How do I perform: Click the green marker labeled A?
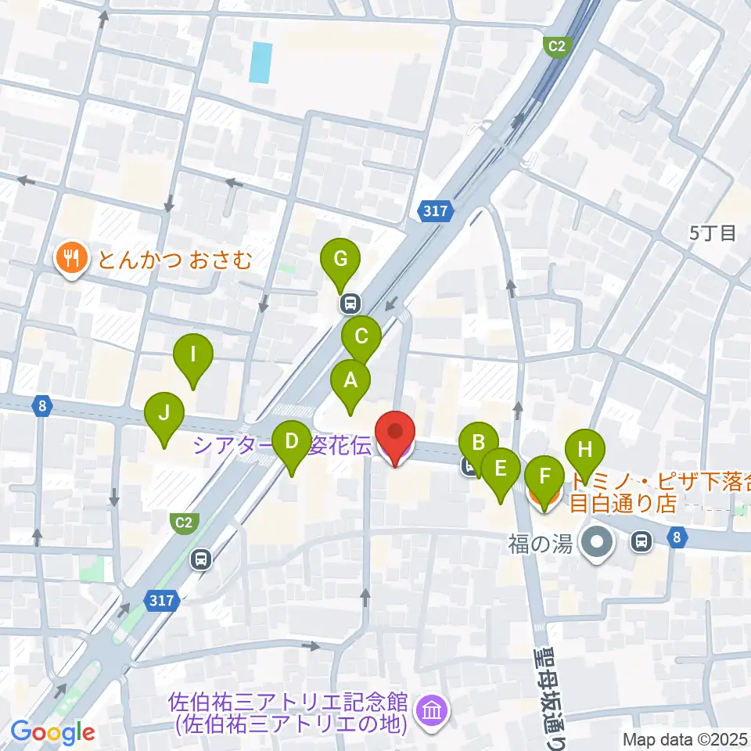tap(350, 381)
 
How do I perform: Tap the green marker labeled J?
tap(164, 412)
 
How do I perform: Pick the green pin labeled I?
tap(193, 355)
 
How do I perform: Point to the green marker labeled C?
tap(361, 337)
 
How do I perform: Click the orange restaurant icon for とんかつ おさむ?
tap(72, 258)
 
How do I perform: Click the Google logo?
tap(52, 733)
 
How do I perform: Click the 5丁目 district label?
tap(713, 232)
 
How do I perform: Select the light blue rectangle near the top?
tap(261, 63)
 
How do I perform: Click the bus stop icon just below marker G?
tap(349, 303)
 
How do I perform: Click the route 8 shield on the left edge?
tap(41, 405)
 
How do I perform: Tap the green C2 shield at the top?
tap(555, 46)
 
